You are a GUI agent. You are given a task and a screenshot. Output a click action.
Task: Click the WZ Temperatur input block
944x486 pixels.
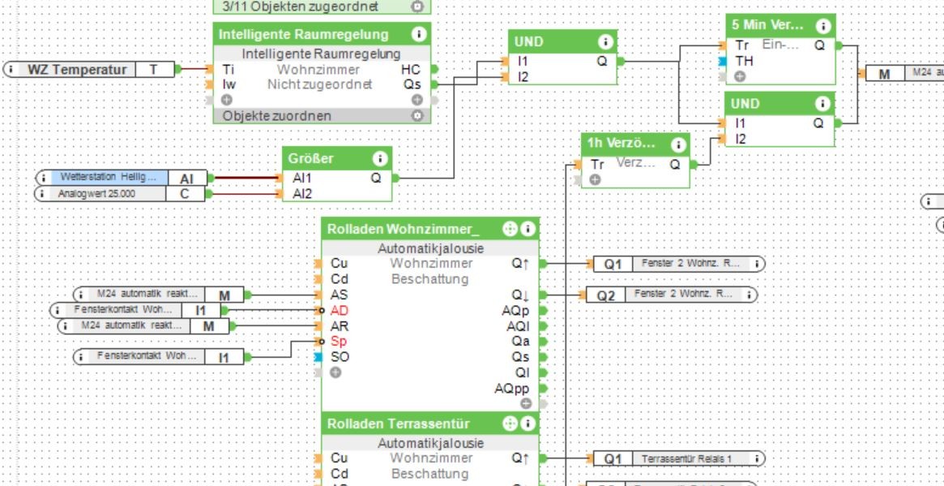(x=77, y=70)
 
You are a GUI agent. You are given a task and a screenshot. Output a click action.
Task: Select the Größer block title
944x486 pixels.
(x=311, y=158)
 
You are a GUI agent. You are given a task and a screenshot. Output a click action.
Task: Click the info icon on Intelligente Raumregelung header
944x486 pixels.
(x=419, y=35)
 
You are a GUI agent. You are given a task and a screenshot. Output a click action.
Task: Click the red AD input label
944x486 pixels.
(x=340, y=311)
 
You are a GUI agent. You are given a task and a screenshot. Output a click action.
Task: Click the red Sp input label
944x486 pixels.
(x=338, y=342)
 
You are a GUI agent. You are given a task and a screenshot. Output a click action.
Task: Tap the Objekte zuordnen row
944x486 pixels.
(x=277, y=116)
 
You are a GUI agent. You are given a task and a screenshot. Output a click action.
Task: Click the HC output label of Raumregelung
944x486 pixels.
(x=411, y=70)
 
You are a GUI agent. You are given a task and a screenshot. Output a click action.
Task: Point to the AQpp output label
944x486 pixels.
(x=511, y=389)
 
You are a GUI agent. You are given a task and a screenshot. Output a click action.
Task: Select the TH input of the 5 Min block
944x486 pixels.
(x=744, y=61)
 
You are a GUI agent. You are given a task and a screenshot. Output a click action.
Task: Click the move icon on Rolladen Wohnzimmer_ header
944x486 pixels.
(x=510, y=230)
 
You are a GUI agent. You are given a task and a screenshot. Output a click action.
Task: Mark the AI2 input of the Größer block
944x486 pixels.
(x=302, y=194)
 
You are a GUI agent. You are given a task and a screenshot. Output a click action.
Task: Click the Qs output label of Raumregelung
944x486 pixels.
(x=412, y=84)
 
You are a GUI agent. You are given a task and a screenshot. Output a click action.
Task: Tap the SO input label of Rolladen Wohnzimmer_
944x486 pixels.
(x=340, y=357)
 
